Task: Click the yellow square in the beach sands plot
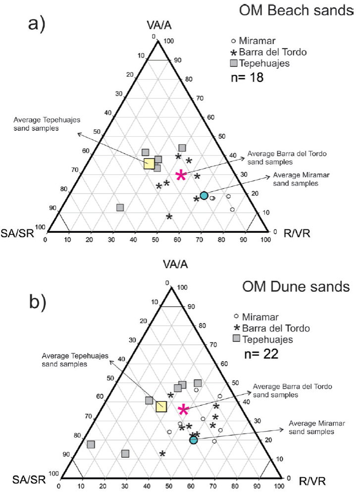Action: (149, 164)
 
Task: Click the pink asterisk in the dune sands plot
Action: (183, 410)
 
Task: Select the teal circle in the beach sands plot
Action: (204, 196)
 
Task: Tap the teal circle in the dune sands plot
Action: (194, 440)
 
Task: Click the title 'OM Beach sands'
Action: (296, 10)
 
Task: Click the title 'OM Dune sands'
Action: (296, 287)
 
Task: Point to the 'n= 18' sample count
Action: (247, 77)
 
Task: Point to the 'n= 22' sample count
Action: (261, 354)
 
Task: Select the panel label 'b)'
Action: (38, 302)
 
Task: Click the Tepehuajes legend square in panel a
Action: (234, 63)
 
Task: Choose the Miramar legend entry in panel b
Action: (257, 317)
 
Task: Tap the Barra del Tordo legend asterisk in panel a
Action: (234, 53)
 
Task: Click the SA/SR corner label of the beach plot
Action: (17, 233)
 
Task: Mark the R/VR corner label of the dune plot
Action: (312, 481)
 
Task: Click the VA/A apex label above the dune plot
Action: (175, 264)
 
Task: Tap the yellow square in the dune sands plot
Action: (161, 406)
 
